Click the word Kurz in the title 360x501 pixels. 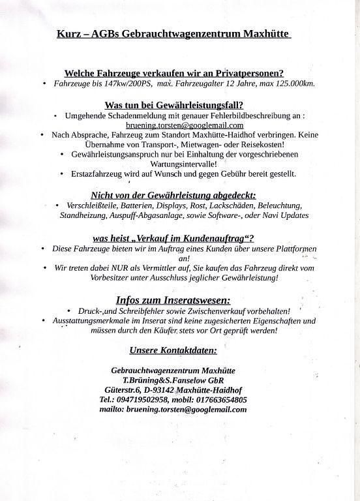pos(68,33)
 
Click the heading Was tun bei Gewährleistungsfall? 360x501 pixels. pos(174,104)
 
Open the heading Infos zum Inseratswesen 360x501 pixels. pos(173,300)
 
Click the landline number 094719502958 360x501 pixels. pos(143,399)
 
